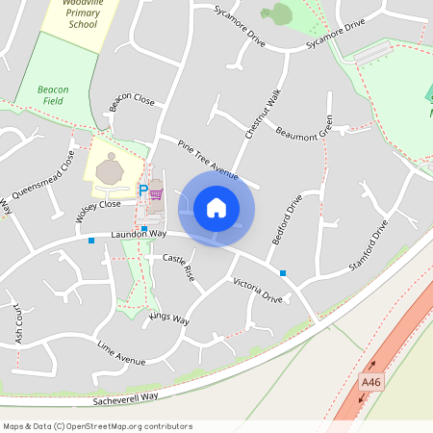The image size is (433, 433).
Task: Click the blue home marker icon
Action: (216, 208)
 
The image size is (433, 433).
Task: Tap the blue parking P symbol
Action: (143, 191)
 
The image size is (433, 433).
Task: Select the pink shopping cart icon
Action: (156, 193)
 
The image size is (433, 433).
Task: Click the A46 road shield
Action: (371, 382)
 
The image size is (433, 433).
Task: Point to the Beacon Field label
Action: (52, 94)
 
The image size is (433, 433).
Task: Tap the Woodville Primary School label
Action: (71, 14)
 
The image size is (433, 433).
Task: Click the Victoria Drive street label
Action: (257, 292)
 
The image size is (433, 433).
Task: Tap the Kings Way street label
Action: (169, 318)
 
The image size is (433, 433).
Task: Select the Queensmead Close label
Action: (52, 174)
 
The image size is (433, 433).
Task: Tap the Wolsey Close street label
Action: (98, 205)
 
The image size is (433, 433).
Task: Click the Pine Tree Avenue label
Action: (207, 158)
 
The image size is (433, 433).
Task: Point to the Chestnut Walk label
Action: (262, 115)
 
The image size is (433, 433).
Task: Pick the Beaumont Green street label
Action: (304, 128)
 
